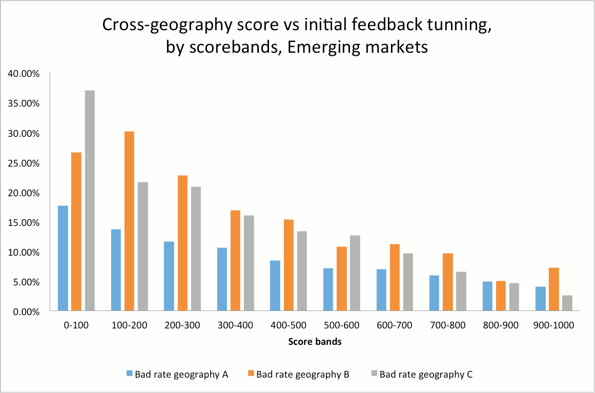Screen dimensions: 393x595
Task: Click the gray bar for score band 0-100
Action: pyautogui.click(x=90, y=200)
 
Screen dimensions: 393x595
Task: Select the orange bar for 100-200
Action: pyautogui.click(x=129, y=221)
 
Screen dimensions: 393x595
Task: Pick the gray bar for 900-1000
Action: pyautogui.click(x=567, y=303)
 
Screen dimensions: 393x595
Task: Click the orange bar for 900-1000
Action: pyautogui.click(x=554, y=289)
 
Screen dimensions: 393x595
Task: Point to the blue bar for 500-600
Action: pyautogui.click(x=329, y=289)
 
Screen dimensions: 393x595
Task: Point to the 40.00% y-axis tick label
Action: pyautogui.click(x=24, y=73)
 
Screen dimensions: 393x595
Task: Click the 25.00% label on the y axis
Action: pyautogui.click(x=24, y=163)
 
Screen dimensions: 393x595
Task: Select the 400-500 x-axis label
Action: pyautogui.click(x=289, y=325)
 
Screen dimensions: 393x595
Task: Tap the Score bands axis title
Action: pyautogui.click(x=315, y=342)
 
